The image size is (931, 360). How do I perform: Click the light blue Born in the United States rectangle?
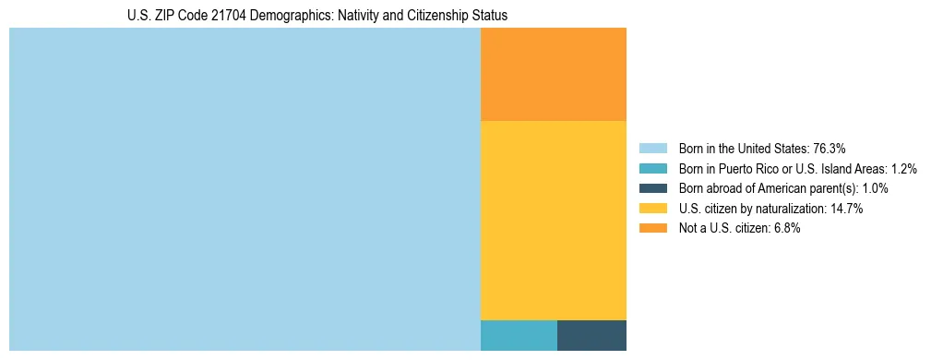pyautogui.click(x=245, y=189)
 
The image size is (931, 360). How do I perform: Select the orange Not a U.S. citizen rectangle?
pyautogui.click(x=554, y=74)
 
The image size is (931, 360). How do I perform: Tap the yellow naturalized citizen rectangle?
pyautogui.click(x=554, y=220)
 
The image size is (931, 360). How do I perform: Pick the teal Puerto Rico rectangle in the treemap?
pyautogui.click(x=519, y=335)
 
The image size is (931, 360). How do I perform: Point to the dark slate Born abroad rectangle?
pyautogui.click(x=591, y=335)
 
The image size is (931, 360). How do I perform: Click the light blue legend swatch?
pyautogui.click(x=652, y=148)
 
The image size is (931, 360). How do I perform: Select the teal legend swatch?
pyautogui.click(x=652, y=168)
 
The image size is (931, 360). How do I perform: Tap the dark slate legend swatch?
pyautogui.click(x=652, y=188)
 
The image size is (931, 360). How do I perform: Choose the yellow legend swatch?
pyautogui.click(x=652, y=209)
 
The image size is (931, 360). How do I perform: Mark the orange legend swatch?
pyautogui.click(x=652, y=229)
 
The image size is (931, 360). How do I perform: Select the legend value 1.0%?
pyautogui.click(x=875, y=188)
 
